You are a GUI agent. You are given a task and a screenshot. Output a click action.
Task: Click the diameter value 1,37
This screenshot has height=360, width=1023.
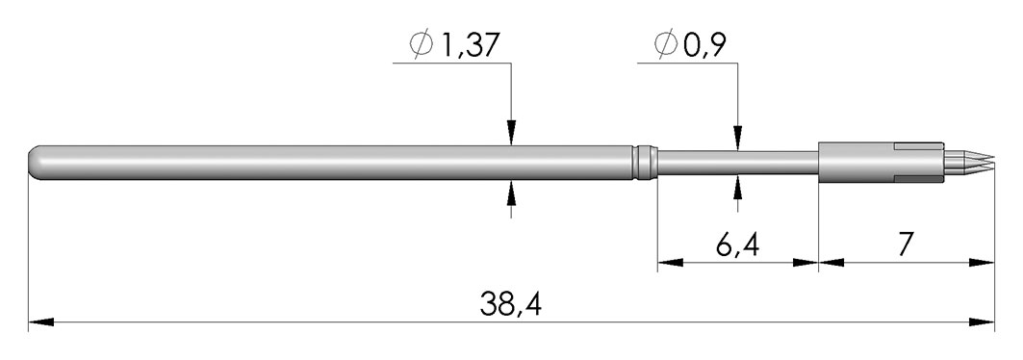point(471,45)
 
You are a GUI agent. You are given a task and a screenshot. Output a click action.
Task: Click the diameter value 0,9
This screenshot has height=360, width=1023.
point(705,45)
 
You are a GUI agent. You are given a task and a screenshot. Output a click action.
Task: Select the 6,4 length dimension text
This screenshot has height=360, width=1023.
point(737,245)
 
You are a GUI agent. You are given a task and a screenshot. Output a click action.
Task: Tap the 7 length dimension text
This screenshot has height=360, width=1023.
point(906,244)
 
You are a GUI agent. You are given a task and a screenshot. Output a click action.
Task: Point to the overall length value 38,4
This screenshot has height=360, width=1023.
point(511,304)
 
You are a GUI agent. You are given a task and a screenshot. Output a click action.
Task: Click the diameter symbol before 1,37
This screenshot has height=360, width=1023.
point(421,45)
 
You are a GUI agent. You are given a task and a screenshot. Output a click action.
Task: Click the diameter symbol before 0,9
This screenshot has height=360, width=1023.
point(666,45)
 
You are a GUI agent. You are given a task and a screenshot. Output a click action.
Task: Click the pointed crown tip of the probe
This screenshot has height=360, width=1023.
point(991,159)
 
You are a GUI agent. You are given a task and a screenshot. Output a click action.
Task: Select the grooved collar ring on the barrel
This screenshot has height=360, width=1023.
point(645,163)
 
